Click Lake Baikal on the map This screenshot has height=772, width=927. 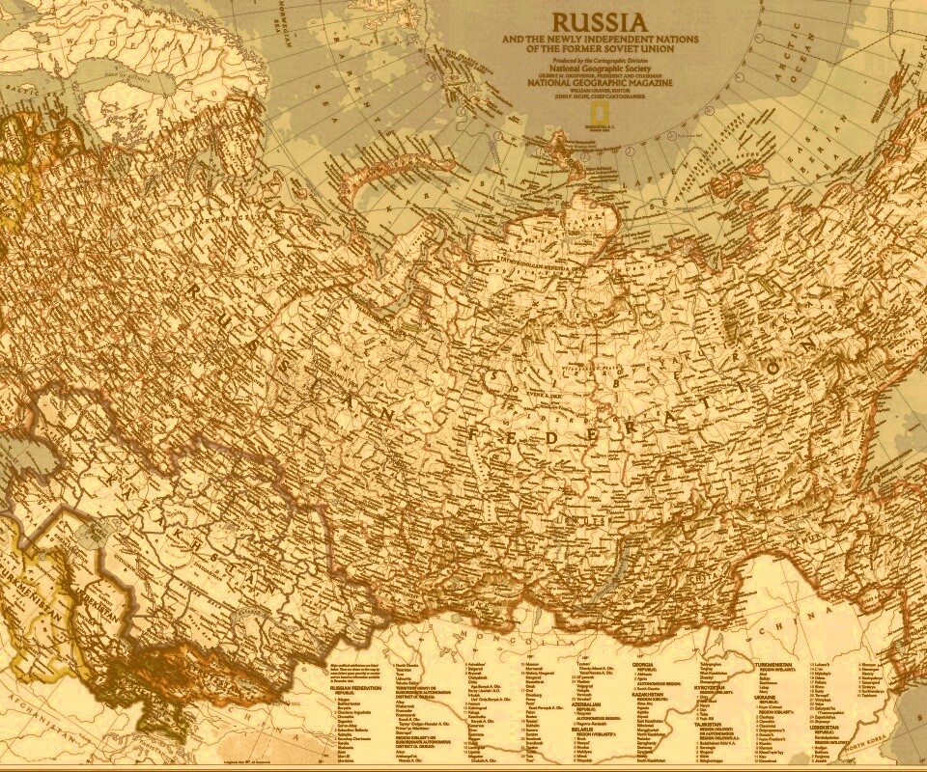618,560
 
